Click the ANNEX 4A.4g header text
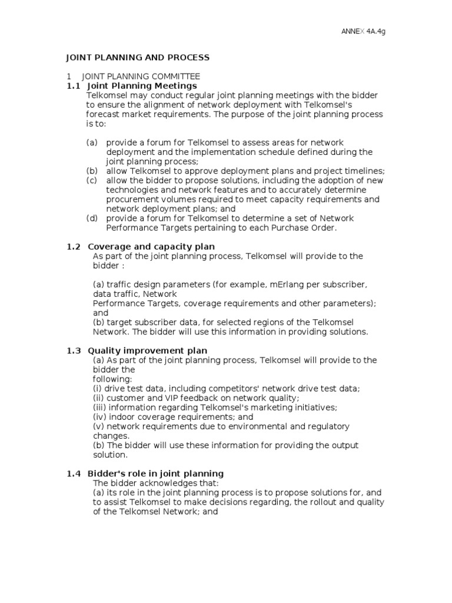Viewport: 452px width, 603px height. pos(364,31)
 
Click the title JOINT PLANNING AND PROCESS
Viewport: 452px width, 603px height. pos(137,58)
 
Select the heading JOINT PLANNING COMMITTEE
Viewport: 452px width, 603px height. pos(141,77)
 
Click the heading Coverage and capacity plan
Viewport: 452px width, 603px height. pos(151,246)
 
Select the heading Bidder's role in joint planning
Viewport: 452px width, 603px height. pos(155,473)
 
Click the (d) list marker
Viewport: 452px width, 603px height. pos(92,218)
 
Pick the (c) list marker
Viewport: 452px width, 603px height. pos(92,180)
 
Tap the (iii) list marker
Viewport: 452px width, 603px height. pos(100,407)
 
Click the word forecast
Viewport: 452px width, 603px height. pos(104,114)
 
